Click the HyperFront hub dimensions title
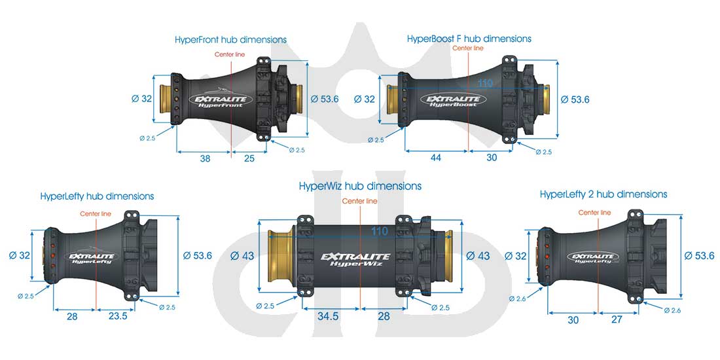coord(230,39)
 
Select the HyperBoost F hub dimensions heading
coord(469,39)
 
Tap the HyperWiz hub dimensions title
coord(360,186)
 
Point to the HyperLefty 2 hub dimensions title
coord(603,194)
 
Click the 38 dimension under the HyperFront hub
coord(206,158)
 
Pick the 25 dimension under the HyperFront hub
coord(249,158)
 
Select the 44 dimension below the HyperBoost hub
coord(436,158)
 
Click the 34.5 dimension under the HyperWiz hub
coord(329,316)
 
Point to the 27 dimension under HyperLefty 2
coord(616,319)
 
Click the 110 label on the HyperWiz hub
coord(380,232)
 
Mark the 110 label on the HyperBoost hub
coord(486,83)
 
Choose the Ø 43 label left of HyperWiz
coord(242,256)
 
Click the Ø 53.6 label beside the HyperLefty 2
coord(699,256)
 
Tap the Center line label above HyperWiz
coord(359,201)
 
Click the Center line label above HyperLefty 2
coord(594,213)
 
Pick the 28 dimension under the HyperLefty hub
coord(72,316)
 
